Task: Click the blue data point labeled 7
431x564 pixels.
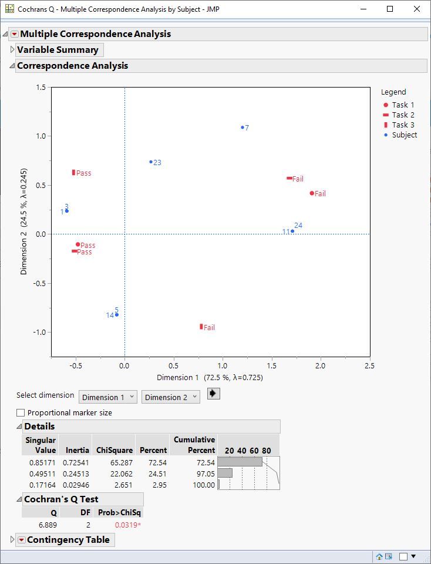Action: coord(243,127)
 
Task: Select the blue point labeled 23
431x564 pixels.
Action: coord(151,162)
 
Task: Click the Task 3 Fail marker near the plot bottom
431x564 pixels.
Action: coord(201,327)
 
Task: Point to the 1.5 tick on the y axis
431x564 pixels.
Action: coord(41,88)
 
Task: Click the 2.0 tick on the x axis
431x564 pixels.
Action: coord(320,366)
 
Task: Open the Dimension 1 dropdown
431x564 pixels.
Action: coord(108,397)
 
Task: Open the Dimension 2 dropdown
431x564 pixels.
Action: coord(171,397)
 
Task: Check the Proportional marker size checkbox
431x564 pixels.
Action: coord(21,413)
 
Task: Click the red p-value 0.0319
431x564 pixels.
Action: coord(127,525)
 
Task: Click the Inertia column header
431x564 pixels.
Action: coord(77,450)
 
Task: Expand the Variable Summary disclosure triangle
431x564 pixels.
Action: coord(12,50)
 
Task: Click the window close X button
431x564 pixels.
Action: coord(417,9)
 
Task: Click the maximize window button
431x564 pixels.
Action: coord(390,9)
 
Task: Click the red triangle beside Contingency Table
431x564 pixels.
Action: coord(21,540)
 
